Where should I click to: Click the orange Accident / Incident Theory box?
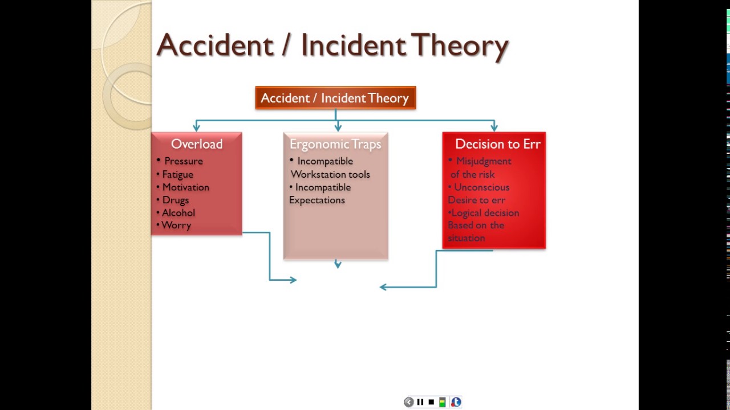pos(335,98)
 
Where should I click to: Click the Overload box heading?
pos(197,144)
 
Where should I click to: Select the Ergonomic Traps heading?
pos(335,144)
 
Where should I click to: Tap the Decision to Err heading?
pos(497,144)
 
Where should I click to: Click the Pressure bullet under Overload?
pos(183,161)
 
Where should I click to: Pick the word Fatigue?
pos(177,174)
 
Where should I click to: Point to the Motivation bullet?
pos(185,187)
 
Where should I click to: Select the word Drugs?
pos(175,200)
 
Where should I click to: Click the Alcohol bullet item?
pos(178,212)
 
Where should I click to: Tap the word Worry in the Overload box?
pos(176,225)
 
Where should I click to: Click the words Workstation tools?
pos(330,174)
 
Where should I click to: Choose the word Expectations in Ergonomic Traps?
pos(317,200)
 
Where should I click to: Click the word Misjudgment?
pos(484,161)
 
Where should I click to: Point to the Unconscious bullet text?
pos(481,187)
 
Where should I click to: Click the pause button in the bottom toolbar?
pos(420,402)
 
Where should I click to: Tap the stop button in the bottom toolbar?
pos(431,402)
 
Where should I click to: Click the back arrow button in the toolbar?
pos(408,402)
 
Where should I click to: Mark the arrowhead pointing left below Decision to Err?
pos(383,287)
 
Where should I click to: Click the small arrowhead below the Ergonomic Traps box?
pos(338,264)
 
